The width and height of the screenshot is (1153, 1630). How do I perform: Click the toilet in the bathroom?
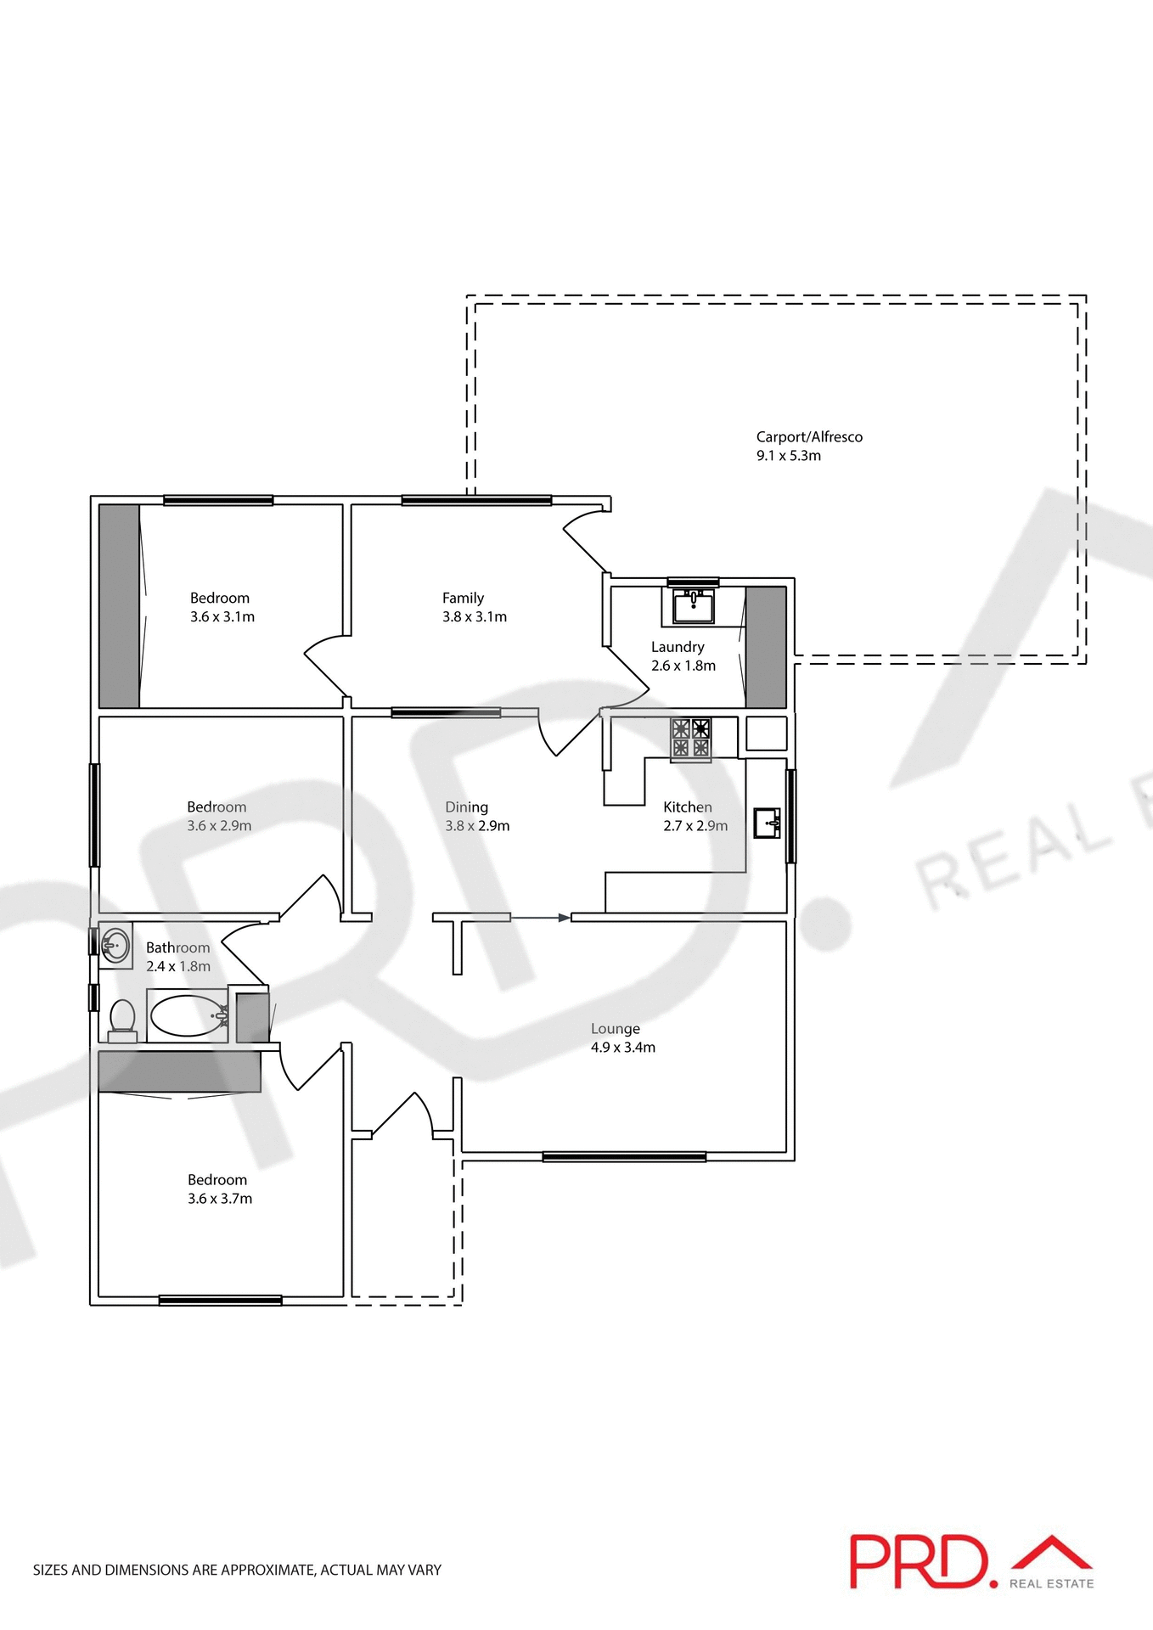coord(123,1018)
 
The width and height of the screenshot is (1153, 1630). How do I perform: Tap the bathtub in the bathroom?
coord(188,1015)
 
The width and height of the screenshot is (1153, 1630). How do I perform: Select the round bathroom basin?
coord(115,944)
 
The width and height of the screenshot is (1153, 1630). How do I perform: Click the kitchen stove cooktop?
coord(690,738)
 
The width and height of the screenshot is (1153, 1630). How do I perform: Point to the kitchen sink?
coord(768,823)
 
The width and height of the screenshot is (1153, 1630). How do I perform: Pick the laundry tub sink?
coord(693,607)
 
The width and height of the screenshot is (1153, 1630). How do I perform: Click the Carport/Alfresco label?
coord(809,437)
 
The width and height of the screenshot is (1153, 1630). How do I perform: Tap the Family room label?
coord(463,598)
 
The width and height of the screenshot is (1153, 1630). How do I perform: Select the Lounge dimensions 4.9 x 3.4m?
coord(623,1048)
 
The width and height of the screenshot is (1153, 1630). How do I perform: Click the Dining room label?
coord(466,807)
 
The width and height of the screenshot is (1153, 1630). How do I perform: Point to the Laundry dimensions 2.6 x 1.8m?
coord(683,666)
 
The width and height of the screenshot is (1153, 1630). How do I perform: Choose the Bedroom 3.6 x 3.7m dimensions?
coord(220,1199)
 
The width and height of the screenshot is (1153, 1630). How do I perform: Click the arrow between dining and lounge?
coord(541,918)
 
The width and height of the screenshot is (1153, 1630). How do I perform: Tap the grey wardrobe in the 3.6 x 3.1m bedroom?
coord(119,606)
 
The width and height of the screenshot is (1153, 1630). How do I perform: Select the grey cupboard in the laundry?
coord(766,647)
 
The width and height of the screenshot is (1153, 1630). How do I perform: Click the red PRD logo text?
coord(922,1561)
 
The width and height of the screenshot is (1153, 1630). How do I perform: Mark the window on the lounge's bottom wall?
coord(624,1156)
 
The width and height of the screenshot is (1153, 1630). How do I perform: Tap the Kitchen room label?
coord(688,807)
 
